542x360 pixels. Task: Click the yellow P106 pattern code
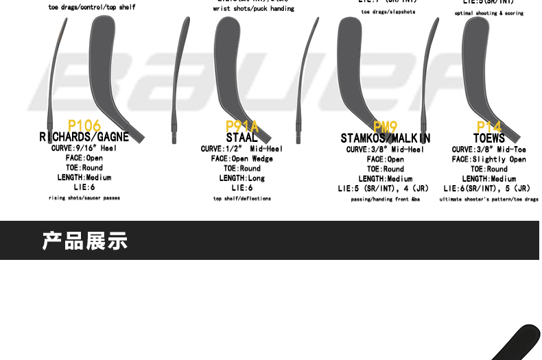(84, 125)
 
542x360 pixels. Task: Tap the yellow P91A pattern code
(242, 126)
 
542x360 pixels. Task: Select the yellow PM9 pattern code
(386, 127)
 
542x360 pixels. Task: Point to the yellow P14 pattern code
(489, 127)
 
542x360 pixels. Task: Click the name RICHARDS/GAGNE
(84, 137)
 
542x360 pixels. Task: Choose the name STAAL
(242, 138)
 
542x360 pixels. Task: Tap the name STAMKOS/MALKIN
(386, 139)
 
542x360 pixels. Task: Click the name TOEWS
(489, 139)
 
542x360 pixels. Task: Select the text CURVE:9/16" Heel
(84, 148)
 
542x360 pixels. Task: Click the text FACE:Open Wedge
(242, 158)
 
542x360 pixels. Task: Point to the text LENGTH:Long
(242, 178)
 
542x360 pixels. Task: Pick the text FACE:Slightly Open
(489, 159)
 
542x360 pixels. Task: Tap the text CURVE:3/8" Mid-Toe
(489, 149)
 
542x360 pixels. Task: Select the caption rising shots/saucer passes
(84, 198)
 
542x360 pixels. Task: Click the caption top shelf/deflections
(242, 199)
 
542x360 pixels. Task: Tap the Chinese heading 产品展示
(85, 241)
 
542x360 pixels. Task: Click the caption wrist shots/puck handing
(253, 9)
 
